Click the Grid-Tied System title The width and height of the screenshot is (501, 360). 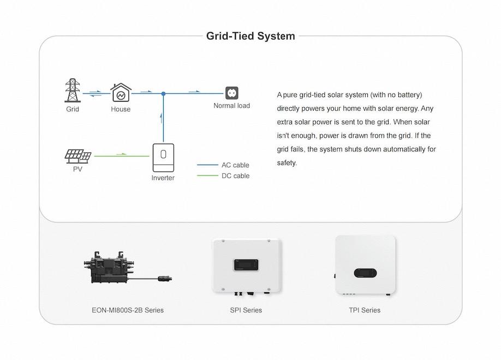[x=250, y=36]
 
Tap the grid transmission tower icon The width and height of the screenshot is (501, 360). [x=73, y=91]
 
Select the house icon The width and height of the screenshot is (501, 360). [x=121, y=93]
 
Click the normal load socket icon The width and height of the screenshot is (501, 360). [x=231, y=93]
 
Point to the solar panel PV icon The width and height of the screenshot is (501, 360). [x=78, y=156]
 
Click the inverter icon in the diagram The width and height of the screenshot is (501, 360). [x=163, y=158]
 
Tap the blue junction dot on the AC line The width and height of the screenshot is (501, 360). [x=163, y=93]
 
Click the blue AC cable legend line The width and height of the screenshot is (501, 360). [x=207, y=165]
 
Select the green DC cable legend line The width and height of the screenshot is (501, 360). [x=207, y=175]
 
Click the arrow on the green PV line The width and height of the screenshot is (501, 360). [x=121, y=154]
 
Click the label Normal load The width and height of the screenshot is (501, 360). [x=231, y=105]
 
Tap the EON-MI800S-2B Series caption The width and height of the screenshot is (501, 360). [x=128, y=310]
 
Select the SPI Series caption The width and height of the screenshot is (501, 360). [x=246, y=310]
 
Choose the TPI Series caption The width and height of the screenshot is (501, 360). [x=365, y=310]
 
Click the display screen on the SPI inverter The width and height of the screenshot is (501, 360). [x=246, y=265]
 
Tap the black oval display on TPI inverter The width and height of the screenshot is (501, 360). [x=365, y=273]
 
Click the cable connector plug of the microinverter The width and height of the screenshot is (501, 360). [x=165, y=278]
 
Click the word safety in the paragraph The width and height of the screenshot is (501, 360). [x=287, y=163]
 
